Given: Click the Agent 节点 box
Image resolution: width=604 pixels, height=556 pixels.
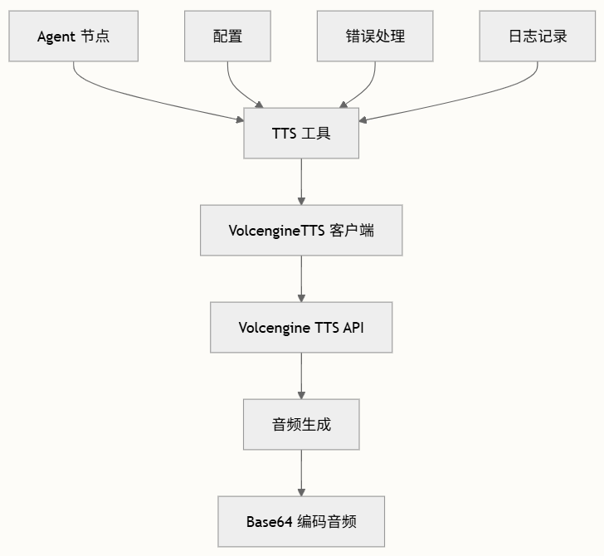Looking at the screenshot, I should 73,37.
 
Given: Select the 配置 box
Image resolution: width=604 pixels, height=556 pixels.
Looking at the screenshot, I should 227,37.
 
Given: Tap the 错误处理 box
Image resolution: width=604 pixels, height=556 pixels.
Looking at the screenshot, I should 375,37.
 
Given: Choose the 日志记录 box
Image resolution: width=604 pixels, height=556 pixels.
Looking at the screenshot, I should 538,37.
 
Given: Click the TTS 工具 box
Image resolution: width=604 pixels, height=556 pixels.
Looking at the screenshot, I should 301,133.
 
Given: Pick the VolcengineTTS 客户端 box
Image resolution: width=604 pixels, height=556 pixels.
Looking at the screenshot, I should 301,230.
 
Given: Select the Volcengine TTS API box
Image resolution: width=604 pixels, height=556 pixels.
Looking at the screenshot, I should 301,327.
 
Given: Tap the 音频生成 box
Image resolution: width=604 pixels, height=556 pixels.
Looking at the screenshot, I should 301,424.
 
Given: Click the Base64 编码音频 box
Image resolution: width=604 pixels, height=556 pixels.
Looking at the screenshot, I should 301,521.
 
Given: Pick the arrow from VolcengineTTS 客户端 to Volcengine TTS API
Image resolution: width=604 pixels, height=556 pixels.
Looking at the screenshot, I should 301,278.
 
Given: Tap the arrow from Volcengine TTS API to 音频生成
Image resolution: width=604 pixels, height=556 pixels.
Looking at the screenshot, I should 301,375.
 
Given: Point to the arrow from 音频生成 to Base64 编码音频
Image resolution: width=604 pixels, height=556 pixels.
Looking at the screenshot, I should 301,472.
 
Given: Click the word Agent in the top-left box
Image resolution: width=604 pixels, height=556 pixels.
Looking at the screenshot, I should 56,37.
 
